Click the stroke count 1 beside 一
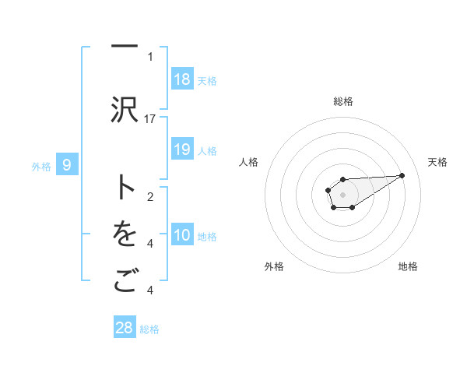point(150,56)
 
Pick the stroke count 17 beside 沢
point(150,118)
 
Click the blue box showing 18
point(182,79)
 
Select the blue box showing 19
point(182,150)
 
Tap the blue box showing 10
point(182,235)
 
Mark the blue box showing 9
point(67,165)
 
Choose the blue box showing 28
point(125,328)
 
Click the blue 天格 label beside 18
point(207,80)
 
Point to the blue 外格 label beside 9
point(40,166)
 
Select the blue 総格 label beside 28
point(149,329)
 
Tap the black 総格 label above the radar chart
point(343,101)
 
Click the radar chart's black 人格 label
point(248,162)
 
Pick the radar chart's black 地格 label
point(408,266)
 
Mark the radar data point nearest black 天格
point(402,174)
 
